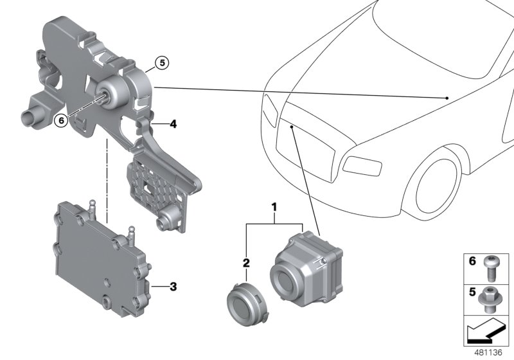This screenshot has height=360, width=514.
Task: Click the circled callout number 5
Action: click(163, 63)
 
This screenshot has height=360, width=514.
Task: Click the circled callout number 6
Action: click(60, 118)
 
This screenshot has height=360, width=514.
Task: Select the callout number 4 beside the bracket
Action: click(172, 124)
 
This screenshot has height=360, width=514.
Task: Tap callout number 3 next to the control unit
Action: click(172, 285)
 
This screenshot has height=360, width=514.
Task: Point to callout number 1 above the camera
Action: click(274, 208)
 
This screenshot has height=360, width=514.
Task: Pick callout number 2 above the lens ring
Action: click(246, 264)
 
